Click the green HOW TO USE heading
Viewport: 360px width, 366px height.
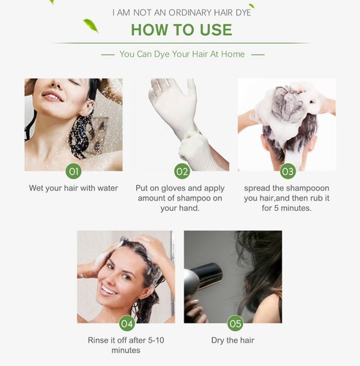(x=181, y=30)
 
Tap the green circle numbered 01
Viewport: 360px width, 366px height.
(x=74, y=171)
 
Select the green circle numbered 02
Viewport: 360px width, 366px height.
(x=182, y=171)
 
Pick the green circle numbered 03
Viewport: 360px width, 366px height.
(x=288, y=171)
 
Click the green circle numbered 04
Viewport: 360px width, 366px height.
(x=127, y=324)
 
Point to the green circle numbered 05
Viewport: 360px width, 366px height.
(x=235, y=324)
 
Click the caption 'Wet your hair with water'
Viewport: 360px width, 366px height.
(x=73, y=188)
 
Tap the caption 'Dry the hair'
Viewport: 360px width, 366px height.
(x=233, y=340)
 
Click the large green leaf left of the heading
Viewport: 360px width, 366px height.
(x=91, y=26)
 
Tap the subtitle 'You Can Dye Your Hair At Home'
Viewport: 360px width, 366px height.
(x=182, y=54)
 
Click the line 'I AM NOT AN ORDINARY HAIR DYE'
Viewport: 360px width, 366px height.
(x=181, y=12)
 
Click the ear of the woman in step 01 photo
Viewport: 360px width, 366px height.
(x=87, y=108)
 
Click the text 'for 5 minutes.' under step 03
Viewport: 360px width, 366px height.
(x=287, y=208)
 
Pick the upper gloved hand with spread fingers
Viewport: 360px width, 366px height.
(x=173, y=102)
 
